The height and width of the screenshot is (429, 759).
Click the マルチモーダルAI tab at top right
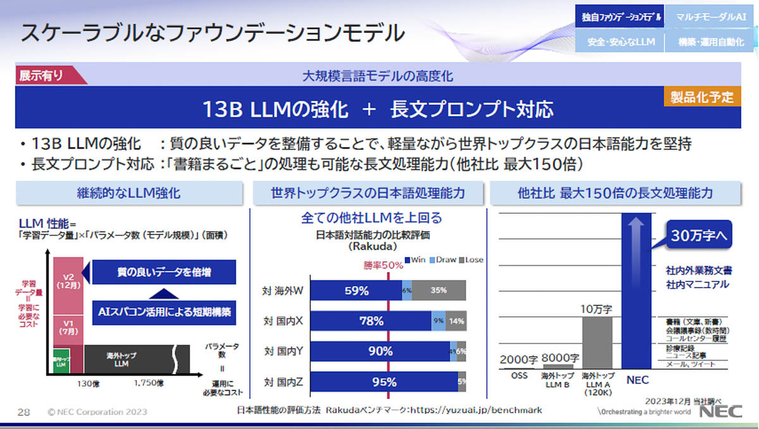706,17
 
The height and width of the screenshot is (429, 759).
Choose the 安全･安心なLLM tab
620,42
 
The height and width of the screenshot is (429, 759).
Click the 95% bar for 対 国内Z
384,382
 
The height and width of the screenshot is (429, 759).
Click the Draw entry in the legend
444,260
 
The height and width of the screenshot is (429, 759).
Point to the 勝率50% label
383,265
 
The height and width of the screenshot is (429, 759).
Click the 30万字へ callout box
697,237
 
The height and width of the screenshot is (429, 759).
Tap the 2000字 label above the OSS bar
519,359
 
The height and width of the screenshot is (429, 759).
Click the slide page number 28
23,412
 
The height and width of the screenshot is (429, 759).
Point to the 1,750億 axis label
149,383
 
